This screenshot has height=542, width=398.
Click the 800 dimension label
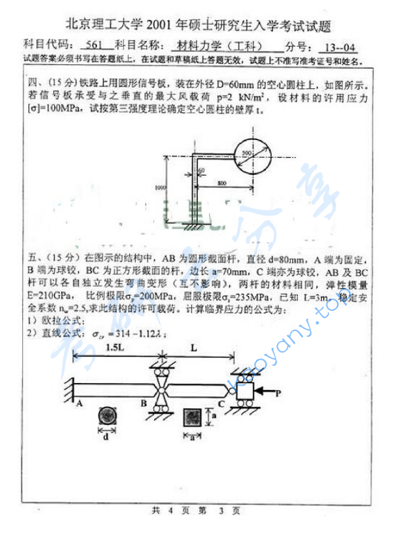222,184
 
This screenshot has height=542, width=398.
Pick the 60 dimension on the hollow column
202,170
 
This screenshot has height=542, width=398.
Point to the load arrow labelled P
269,391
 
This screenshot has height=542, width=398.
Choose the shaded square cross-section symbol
192,416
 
